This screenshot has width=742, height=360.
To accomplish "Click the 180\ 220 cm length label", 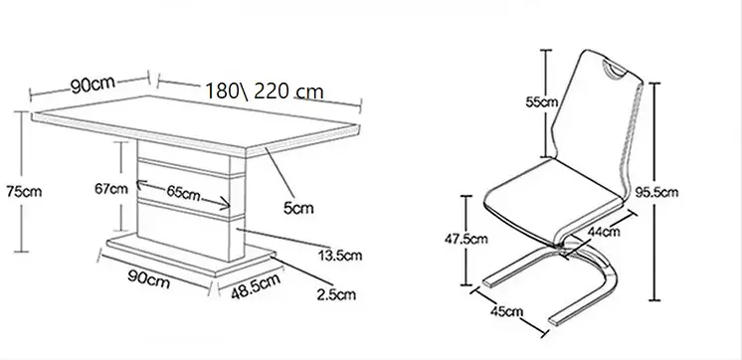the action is [x=265, y=90].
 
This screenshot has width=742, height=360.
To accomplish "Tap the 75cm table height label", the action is [x=24, y=192].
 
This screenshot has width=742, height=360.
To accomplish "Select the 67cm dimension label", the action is [x=111, y=189].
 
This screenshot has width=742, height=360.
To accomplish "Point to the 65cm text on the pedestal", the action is [x=183, y=192].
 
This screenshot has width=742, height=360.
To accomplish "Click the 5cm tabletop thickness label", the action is [x=298, y=208].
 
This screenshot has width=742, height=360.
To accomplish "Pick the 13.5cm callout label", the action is [x=340, y=256].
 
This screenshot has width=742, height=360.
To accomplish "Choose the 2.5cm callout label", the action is [x=336, y=294].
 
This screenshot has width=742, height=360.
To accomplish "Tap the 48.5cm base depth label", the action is [x=256, y=286].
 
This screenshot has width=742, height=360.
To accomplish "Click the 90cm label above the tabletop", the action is [x=93, y=85].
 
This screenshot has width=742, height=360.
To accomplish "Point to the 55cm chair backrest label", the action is [x=542, y=101].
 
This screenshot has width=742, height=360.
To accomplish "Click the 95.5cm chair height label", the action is [x=656, y=192].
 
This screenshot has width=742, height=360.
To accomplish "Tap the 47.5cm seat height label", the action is [x=465, y=239].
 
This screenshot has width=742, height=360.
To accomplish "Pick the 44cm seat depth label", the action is [x=604, y=232].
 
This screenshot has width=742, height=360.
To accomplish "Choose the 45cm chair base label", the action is [x=507, y=311].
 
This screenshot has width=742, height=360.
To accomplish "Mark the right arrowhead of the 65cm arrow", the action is [x=225, y=204].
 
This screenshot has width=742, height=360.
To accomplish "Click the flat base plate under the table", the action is [x=189, y=256].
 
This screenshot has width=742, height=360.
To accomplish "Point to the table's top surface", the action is [x=195, y=124].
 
